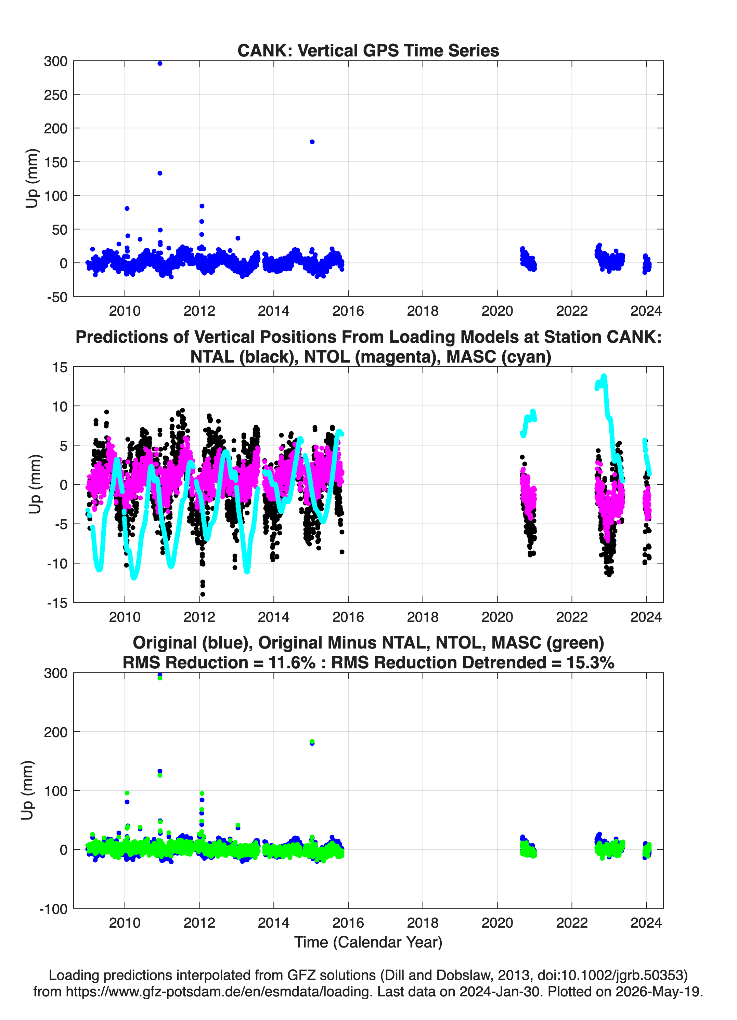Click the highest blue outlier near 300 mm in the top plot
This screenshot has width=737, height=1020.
coord(160,63)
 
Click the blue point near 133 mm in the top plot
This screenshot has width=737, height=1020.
coord(160,173)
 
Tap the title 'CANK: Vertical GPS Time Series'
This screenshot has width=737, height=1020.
coord(368,50)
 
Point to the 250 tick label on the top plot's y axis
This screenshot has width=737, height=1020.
coord(55,95)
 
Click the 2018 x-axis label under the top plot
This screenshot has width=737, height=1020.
coord(423,311)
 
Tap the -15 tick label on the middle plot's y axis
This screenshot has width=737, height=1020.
coord(57,603)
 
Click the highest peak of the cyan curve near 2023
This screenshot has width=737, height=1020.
coord(604,376)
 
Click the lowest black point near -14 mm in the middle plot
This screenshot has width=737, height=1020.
coord(203,594)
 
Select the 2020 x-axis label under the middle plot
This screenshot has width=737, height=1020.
coord(497,617)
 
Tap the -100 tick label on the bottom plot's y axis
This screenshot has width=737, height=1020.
coord(53,909)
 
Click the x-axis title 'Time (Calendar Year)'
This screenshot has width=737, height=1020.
coord(368,942)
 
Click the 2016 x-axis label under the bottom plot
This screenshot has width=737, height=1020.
coord(348,923)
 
